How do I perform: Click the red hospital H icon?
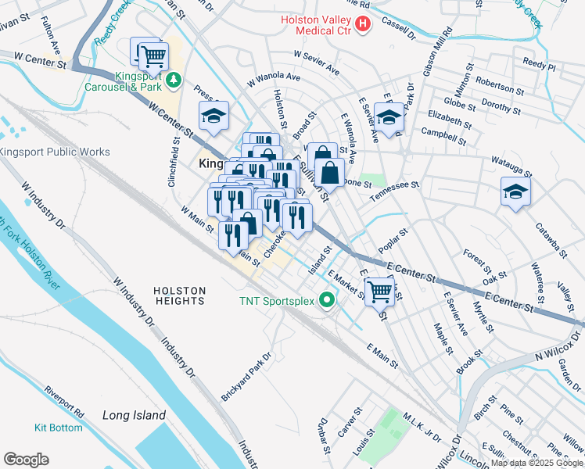pyautogui.click(x=362, y=25)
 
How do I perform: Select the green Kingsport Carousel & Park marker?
pyautogui.click(x=174, y=79)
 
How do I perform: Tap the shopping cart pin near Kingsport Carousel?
pyautogui.click(x=152, y=55)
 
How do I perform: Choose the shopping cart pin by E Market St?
pyautogui.click(x=380, y=292)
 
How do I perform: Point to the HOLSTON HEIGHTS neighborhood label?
pyautogui.click(x=179, y=295)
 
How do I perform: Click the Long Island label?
pyautogui.click(x=134, y=415)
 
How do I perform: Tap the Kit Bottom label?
pyautogui.click(x=58, y=428)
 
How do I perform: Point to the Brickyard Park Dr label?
pyautogui.click(x=246, y=377)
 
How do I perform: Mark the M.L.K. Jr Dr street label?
pyautogui.click(x=422, y=426)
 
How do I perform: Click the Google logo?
pyautogui.click(x=26, y=460)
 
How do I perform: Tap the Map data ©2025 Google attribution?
pyautogui.click(x=536, y=463)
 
